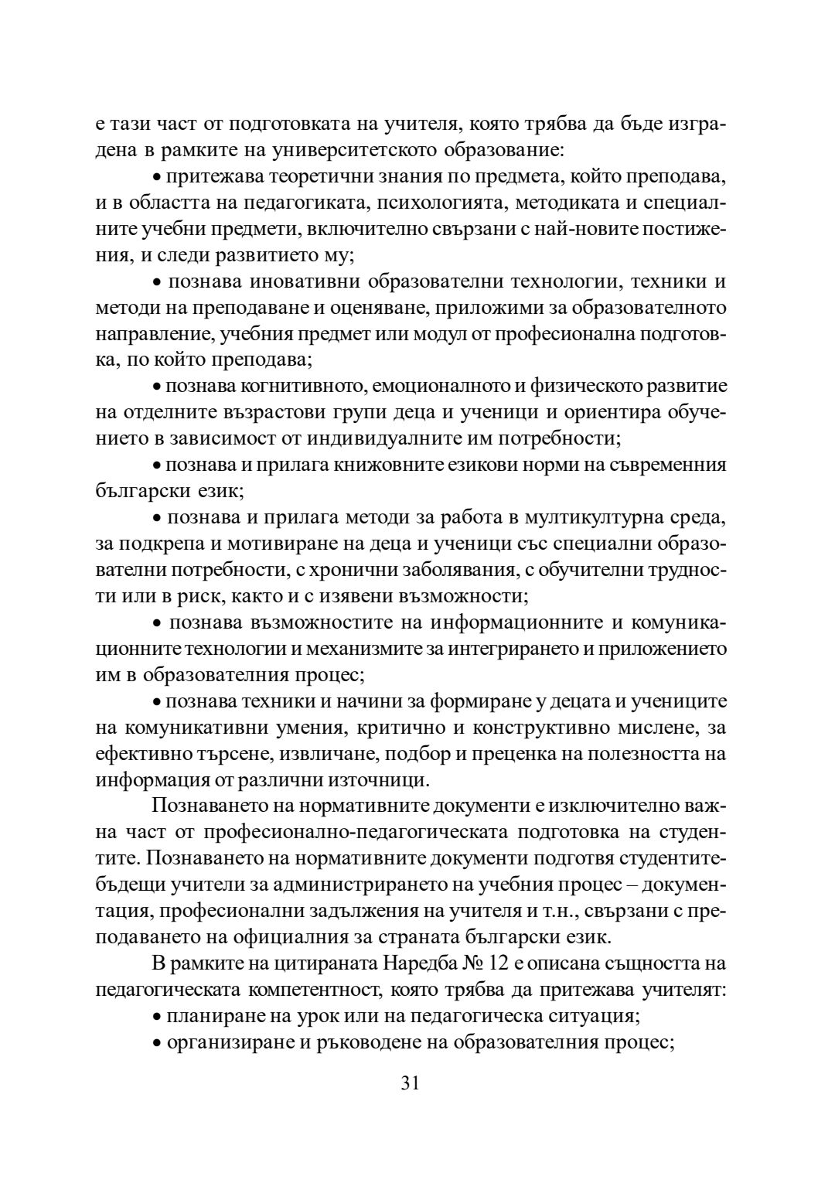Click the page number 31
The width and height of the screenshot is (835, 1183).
pyautogui.click(x=410, y=1082)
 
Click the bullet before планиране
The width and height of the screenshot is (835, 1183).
pyautogui.click(x=157, y=1018)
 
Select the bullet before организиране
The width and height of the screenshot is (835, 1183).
pyautogui.click(x=157, y=1044)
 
